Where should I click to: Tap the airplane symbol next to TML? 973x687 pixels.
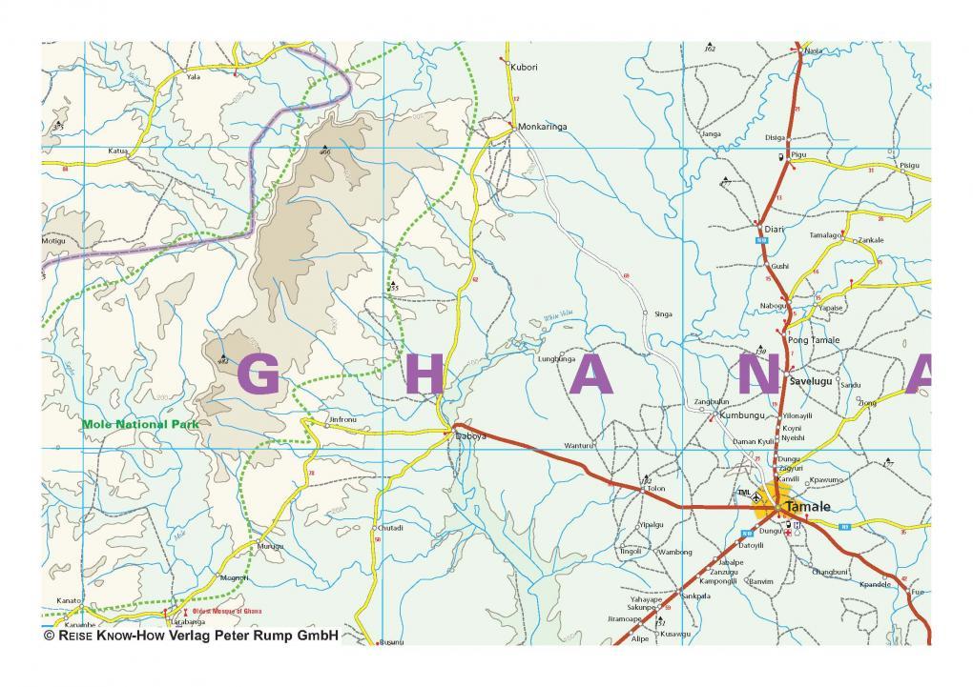click(x=757, y=496)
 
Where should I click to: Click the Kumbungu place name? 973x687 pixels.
click(x=741, y=416)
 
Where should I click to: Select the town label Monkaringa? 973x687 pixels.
click(x=542, y=126)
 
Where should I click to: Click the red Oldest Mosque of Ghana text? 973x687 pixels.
click(x=226, y=610)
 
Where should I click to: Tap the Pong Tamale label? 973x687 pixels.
click(x=814, y=340)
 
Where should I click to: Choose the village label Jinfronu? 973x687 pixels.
click(x=342, y=419)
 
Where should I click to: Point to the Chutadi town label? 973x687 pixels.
click(x=391, y=528)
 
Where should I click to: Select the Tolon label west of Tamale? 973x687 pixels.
click(x=655, y=489)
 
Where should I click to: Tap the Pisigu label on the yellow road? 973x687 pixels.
click(x=909, y=165)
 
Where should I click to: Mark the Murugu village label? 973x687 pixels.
click(x=271, y=547)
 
